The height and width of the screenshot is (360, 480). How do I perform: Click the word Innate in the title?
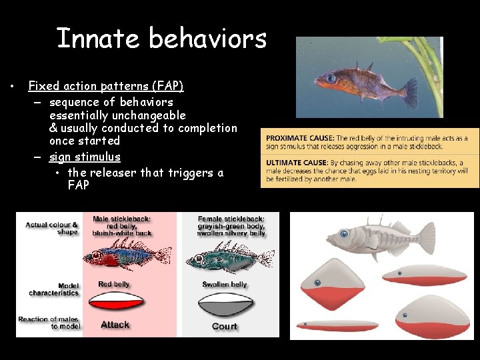97,39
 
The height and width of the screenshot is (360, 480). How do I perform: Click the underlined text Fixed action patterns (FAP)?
106,86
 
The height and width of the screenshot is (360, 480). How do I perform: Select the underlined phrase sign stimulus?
85,157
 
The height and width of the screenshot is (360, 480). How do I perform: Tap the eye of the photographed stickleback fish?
331,78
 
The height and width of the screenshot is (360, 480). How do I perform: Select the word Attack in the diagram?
115,325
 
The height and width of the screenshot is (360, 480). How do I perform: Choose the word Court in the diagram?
224,326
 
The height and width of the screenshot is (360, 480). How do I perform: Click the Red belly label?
114,284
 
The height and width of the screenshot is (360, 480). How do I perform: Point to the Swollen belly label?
225,285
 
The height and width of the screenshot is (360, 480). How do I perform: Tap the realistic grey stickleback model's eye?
345,234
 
